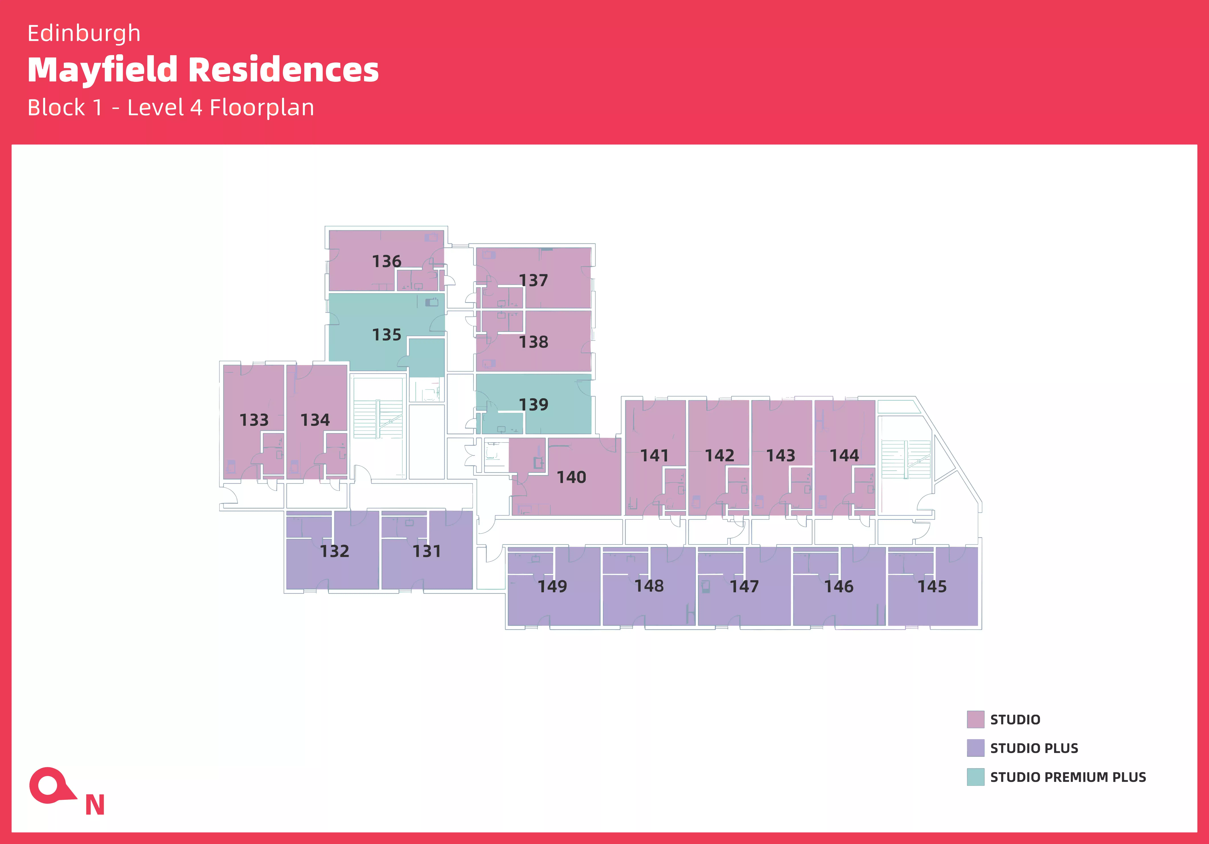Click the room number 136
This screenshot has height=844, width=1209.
pos(387,261)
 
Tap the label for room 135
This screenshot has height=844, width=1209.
pos(387,335)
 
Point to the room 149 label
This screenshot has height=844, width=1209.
pos(552,586)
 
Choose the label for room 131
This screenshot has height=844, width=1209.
pos(427,551)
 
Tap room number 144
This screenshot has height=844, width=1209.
pos(844,455)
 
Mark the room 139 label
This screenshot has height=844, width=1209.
pos(533,405)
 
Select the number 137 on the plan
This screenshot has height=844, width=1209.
pos(533,280)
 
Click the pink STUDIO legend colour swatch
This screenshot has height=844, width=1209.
pos(975,719)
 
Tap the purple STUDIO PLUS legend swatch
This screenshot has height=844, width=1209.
pos(975,748)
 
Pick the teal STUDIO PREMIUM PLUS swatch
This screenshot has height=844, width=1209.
pos(975,777)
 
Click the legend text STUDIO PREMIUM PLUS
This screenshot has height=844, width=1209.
pos(1068,777)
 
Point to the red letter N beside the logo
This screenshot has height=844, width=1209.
pos(95,805)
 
